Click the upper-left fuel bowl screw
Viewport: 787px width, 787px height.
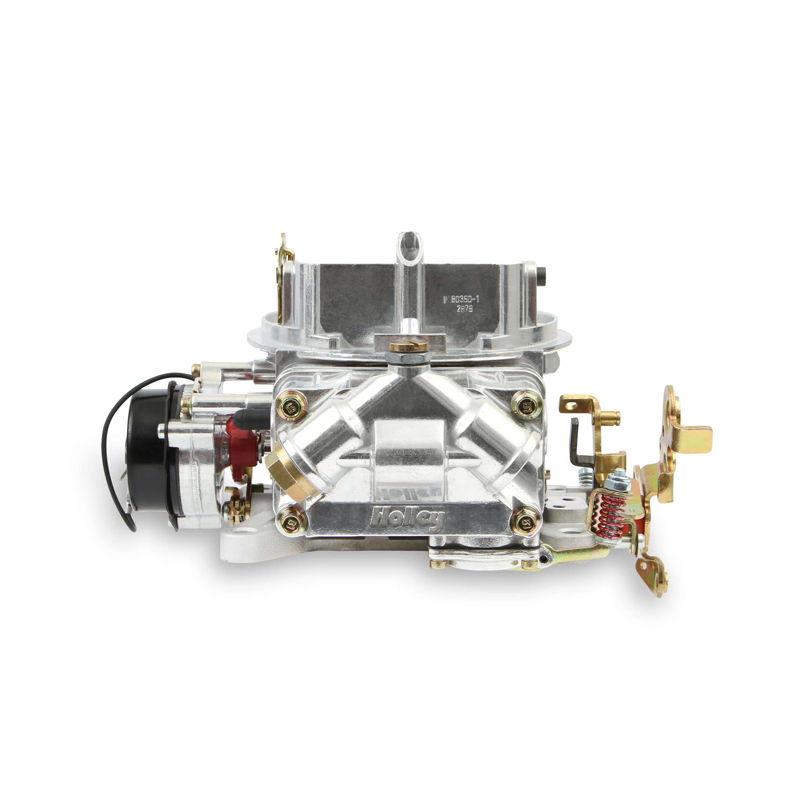pyautogui.click(x=287, y=392)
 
